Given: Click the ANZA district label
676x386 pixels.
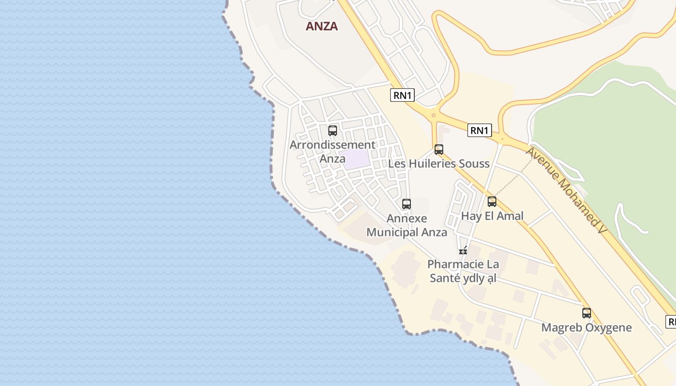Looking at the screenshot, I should [322, 27].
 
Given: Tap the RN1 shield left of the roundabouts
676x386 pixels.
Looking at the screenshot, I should [402, 95].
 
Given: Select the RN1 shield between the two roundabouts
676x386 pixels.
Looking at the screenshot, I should [479, 130].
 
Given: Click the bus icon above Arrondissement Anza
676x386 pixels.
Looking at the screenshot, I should [332, 130].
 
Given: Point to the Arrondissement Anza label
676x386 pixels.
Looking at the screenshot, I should [332, 151].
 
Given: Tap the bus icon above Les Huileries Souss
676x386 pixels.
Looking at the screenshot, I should [438, 150].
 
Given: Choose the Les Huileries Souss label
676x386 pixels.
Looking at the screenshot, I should [438, 164].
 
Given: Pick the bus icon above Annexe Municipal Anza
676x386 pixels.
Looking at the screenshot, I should [407, 204].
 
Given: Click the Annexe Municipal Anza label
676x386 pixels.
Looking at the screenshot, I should [407, 225].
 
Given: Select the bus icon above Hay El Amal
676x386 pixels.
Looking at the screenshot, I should [492, 202].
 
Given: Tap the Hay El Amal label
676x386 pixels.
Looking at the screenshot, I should [492, 216].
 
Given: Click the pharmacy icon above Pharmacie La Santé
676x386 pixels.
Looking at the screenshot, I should [463, 250].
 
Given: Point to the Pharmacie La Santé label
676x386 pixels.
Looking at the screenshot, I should [463, 271].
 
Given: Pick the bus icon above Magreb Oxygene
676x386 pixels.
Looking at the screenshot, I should [586, 313].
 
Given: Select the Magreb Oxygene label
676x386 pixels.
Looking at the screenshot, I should [586, 328].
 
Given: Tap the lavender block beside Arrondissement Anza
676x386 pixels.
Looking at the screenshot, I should [356, 160].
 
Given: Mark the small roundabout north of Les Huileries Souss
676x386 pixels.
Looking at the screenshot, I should [434, 115].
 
